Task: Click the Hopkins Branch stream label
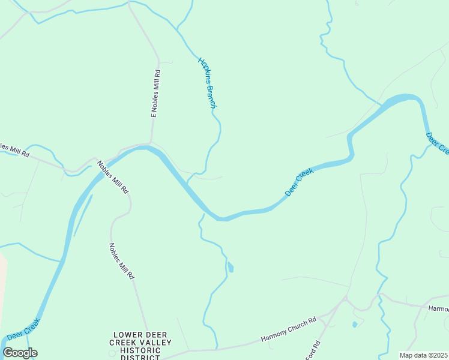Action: click(207, 82)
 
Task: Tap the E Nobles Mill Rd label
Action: click(155, 93)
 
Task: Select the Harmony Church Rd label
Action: click(288, 331)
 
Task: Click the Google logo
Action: click(20, 353)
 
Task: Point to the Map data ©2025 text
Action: click(424, 355)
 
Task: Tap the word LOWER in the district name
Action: click(128, 335)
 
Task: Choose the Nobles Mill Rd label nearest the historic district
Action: click(121, 260)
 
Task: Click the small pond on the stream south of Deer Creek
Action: click(231, 268)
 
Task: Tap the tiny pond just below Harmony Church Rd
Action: click(354, 325)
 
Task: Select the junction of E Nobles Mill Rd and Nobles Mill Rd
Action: click(150, 143)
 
